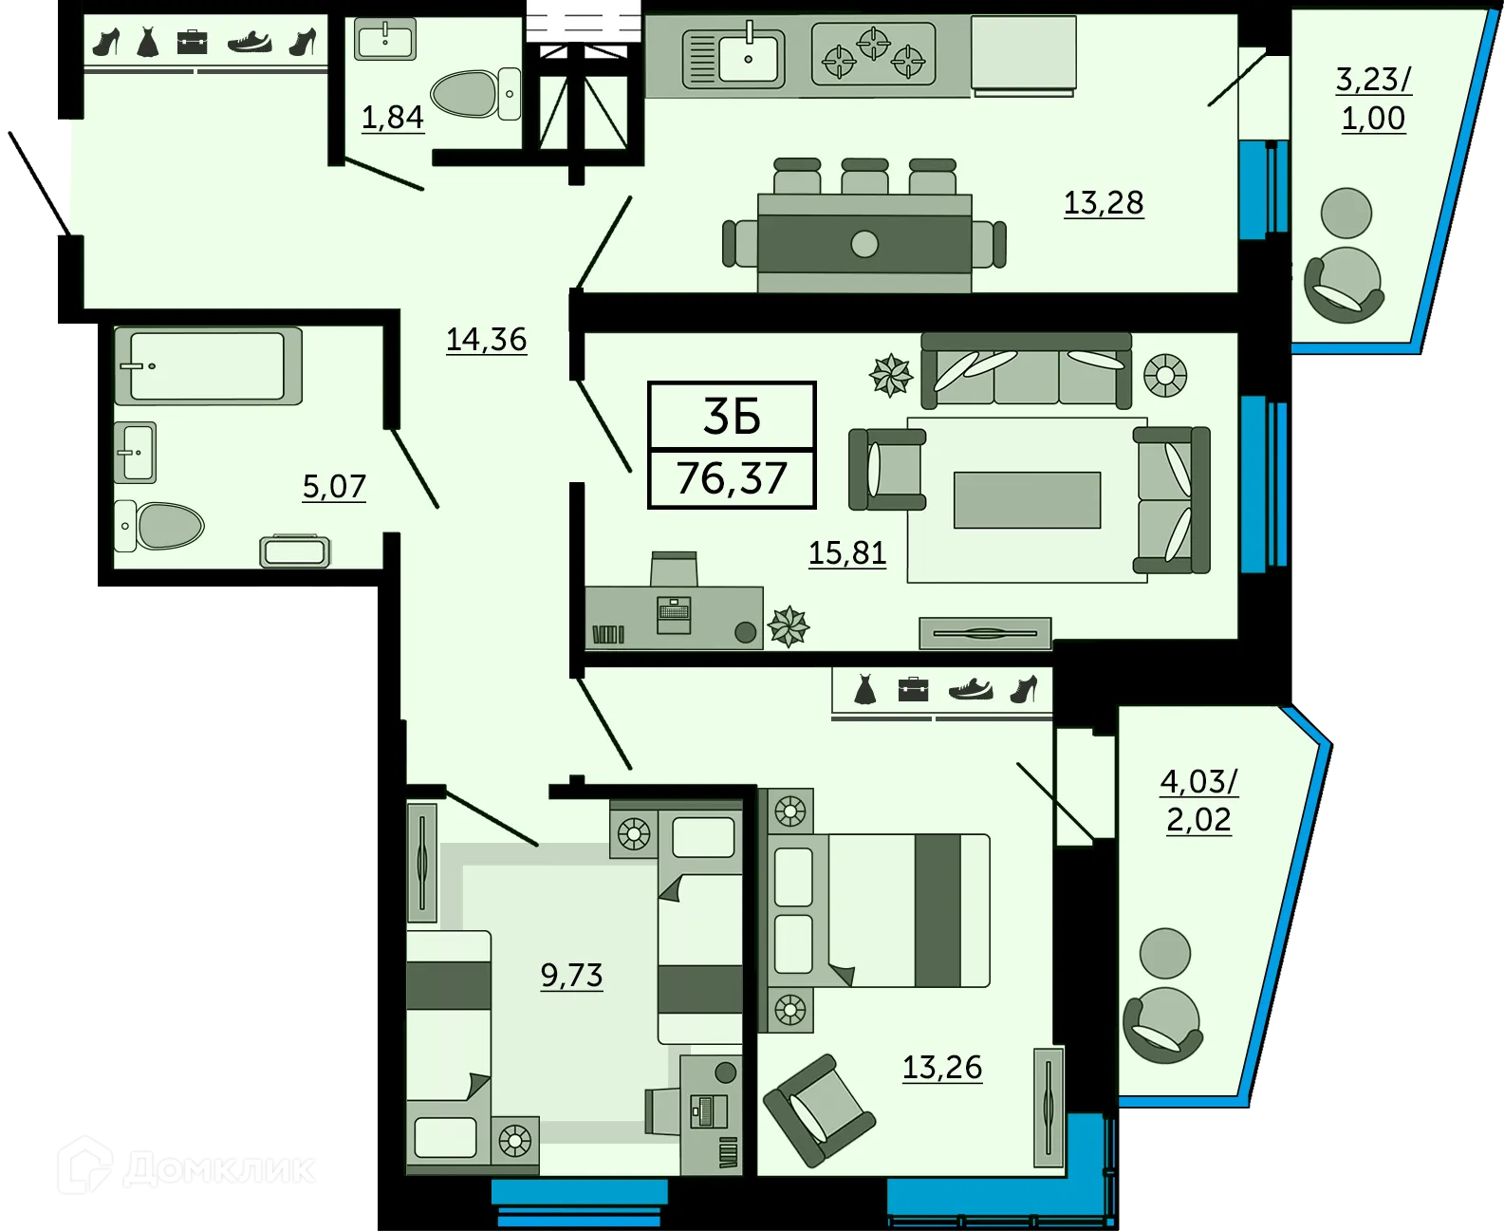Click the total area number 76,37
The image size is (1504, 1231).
[732, 478]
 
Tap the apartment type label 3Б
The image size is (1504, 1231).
[732, 417]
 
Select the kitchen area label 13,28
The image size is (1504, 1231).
[1103, 202]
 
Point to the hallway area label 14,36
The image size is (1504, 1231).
[486, 339]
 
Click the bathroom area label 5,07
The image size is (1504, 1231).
[333, 487]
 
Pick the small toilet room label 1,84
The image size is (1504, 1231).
[392, 117]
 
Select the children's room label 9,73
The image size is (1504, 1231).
[571, 975]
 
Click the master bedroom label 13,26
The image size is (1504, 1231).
[941, 1067]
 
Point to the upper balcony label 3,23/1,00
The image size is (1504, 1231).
[1373, 99]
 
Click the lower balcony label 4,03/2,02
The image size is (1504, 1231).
[1198, 800]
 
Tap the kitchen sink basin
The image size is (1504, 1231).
[750, 58]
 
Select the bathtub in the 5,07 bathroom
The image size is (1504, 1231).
[207, 365]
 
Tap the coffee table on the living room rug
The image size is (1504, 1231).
[1027, 499]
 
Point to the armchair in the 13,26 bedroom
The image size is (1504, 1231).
[818, 1110]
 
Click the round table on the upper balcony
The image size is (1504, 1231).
[1346, 213]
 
